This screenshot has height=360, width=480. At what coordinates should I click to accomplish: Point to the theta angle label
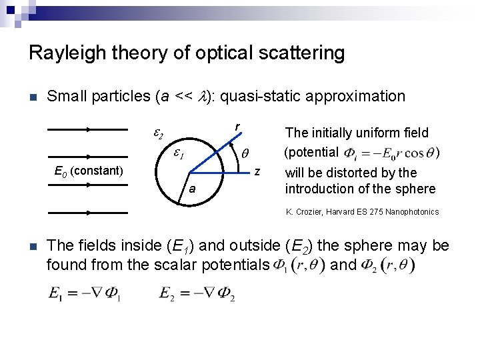244,154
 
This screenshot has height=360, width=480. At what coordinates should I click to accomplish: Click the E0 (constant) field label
88,171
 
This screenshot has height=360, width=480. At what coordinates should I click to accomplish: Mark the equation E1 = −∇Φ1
84,295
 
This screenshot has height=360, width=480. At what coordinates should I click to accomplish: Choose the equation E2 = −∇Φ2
197,295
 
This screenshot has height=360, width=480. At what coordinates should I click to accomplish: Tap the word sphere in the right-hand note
419,189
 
